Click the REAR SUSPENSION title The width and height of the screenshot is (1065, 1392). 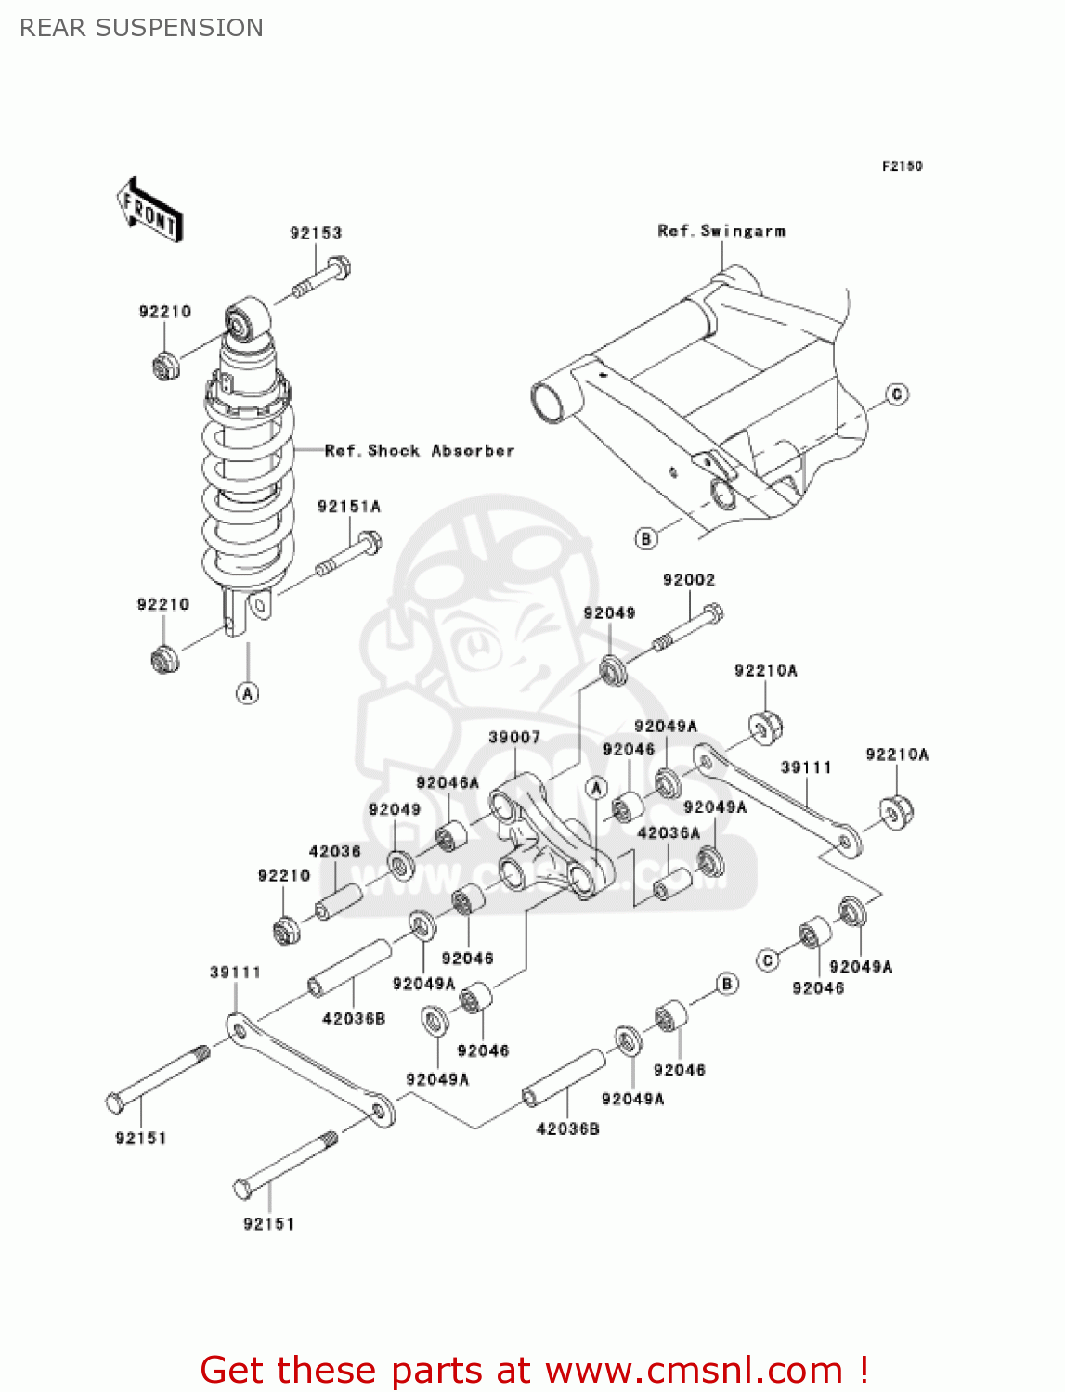point(141,28)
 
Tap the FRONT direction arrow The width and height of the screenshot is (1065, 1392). point(149,211)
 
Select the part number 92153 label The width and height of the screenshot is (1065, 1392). point(316,233)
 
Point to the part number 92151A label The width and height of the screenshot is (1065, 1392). point(349,507)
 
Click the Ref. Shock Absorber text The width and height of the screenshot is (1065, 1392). point(420,451)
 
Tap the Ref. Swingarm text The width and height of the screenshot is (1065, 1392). point(721,231)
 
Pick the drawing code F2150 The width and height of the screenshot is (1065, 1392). point(902,166)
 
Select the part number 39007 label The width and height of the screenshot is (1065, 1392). point(514,738)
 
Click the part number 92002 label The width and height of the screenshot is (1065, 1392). point(689,580)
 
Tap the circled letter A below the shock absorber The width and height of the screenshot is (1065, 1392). point(248,693)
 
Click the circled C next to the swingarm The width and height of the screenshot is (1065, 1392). point(896,394)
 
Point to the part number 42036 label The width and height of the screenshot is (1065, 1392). point(334,852)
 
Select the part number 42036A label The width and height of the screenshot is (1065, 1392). point(669,833)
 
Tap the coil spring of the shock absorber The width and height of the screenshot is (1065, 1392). point(248,492)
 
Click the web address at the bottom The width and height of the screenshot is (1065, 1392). point(694,1370)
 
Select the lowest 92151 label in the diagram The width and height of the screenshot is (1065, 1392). point(268,1224)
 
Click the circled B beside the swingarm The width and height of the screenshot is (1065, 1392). point(645,538)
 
